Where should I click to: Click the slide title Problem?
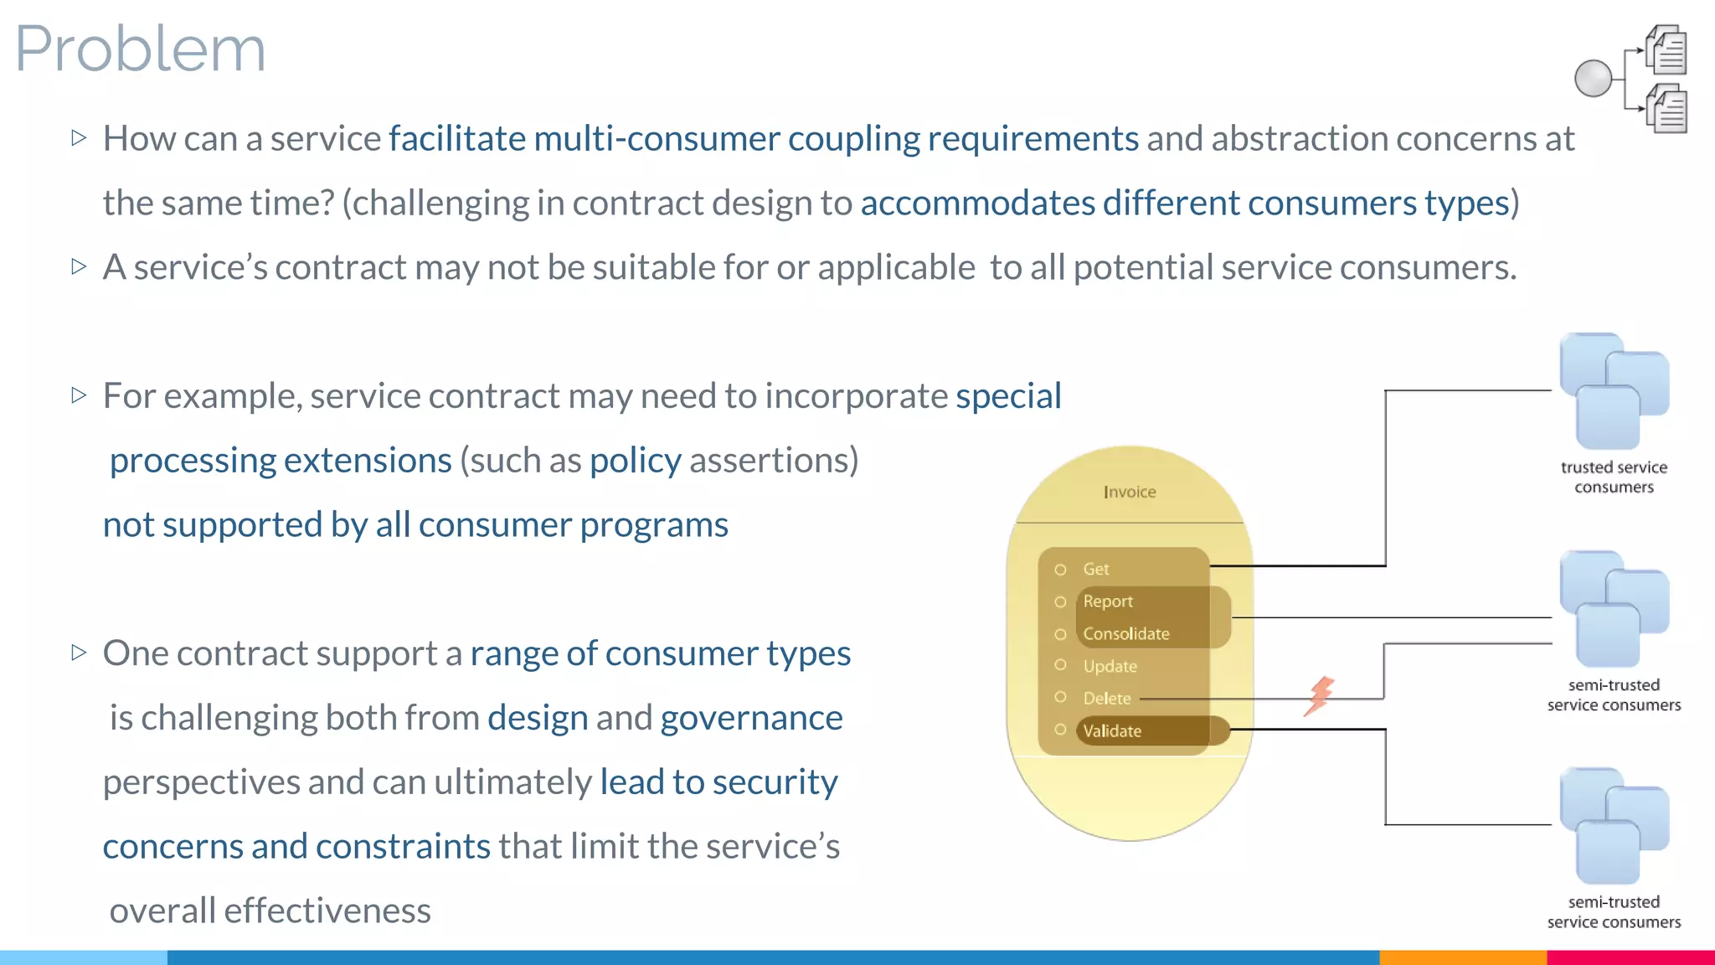point(140,49)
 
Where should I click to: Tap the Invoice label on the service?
point(1130,492)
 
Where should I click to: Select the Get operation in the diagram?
point(1095,569)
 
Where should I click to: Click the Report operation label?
point(1107,601)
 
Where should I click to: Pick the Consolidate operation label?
point(1125,633)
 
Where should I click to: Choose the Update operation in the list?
point(1110,666)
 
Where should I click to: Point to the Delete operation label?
point(1106,698)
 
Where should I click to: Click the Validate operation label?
point(1112,730)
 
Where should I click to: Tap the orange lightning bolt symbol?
point(1319,695)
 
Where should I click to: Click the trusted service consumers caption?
point(1614,477)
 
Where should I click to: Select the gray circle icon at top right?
point(1593,79)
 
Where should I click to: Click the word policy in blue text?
point(635,460)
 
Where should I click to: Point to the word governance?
point(751,718)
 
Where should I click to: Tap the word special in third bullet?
point(1008,395)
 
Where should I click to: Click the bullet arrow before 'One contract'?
point(79,652)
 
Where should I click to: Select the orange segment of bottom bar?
point(1462,957)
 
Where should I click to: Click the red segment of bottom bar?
point(1630,957)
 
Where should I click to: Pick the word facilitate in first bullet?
point(456,138)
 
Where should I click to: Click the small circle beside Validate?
point(1060,730)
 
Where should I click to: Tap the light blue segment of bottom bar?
point(84,957)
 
